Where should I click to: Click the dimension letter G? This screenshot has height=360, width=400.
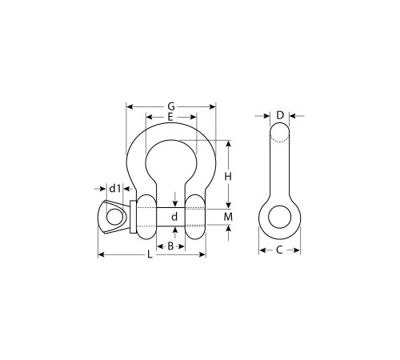(171, 106)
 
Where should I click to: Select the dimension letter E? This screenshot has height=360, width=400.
(170, 117)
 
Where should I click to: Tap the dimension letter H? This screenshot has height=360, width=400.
(228, 176)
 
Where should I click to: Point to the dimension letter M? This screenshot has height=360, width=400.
(228, 217)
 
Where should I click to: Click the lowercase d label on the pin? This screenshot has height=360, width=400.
(174, 217)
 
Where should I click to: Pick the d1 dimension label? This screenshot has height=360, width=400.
(115, 189)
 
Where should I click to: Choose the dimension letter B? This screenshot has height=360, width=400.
(170, 246)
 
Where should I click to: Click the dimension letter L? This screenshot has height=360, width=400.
(150, 254)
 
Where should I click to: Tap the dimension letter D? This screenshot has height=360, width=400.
(280, 115)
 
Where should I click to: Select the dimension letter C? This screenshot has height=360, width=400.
(279, 250)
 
